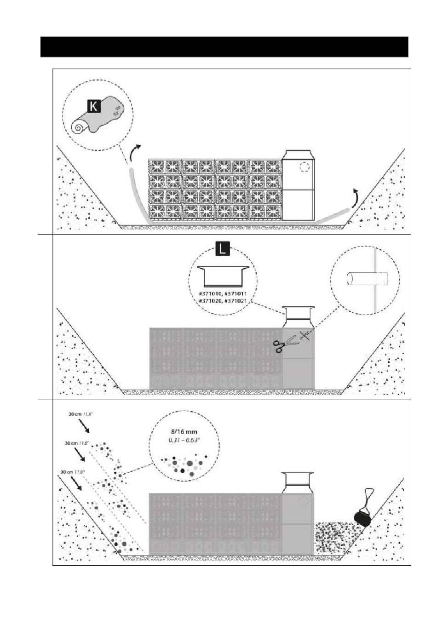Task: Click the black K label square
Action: click(x=93, y=107)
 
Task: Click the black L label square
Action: click(x=223, y=249)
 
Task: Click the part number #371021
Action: click(x=236, y=301)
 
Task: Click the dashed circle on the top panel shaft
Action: click(x=304, y=167)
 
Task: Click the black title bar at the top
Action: click(x=224, y=46)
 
